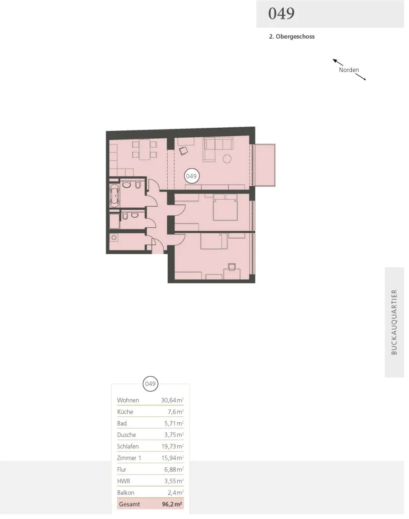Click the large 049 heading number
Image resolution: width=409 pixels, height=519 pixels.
click(x=281, y=14)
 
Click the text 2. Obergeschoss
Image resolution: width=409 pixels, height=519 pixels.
click(x=292, y=37)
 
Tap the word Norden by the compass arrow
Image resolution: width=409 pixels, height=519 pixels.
click(x=349, y=70)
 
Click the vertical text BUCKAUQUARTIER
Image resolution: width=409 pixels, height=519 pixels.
click(x=394, y=322)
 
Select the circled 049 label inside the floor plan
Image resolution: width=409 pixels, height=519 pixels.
click(x=191, y=176)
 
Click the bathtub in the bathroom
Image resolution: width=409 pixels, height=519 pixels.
click(x=115, y=195)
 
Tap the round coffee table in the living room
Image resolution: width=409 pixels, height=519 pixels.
click(x=227, y=159)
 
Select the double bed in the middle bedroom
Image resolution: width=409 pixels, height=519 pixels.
click(x=225, y=208)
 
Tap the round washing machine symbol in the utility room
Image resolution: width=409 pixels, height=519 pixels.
click(x=114, y=238)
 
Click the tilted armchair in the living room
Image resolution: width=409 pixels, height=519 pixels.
click(x=183, y=151)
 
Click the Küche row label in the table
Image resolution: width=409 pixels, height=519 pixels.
click(x=125, y=412)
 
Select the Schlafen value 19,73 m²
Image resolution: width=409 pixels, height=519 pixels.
click(x=172, y=446)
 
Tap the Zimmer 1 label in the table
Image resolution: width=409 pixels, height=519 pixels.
click(x=129, y=458)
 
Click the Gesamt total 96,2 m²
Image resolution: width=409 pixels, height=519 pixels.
click(x=172, y=504)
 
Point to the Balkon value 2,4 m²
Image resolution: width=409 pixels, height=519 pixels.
click(x=175, y=493)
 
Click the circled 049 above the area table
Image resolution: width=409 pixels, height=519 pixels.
click(x=150, y=384)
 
